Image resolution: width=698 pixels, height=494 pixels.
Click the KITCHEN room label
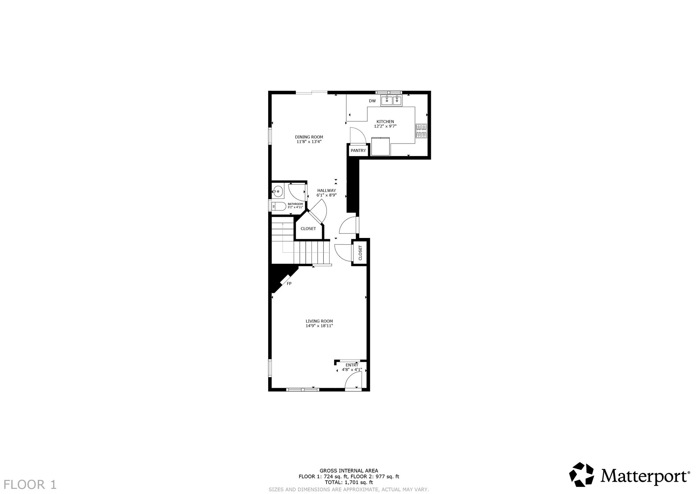385,122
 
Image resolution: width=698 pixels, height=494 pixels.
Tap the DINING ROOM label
309,137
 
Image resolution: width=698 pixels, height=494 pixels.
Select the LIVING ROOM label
319,321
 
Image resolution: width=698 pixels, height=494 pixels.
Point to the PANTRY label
358,151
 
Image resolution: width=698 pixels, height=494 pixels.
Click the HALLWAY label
327,191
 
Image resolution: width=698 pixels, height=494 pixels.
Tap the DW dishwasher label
372,101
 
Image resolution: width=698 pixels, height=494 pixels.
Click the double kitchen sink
392,101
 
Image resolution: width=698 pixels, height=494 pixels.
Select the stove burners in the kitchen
421,131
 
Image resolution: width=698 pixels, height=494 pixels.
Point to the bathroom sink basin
278,192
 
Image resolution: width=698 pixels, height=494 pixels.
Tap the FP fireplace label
289,284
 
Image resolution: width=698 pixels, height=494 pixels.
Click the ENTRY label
352,365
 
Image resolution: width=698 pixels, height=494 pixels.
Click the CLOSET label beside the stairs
308,229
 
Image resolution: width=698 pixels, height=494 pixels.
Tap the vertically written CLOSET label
360,253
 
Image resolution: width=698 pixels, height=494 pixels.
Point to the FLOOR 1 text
30,484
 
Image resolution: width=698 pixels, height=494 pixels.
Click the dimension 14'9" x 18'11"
319,326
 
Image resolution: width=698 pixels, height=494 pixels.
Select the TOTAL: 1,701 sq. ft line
349,482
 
